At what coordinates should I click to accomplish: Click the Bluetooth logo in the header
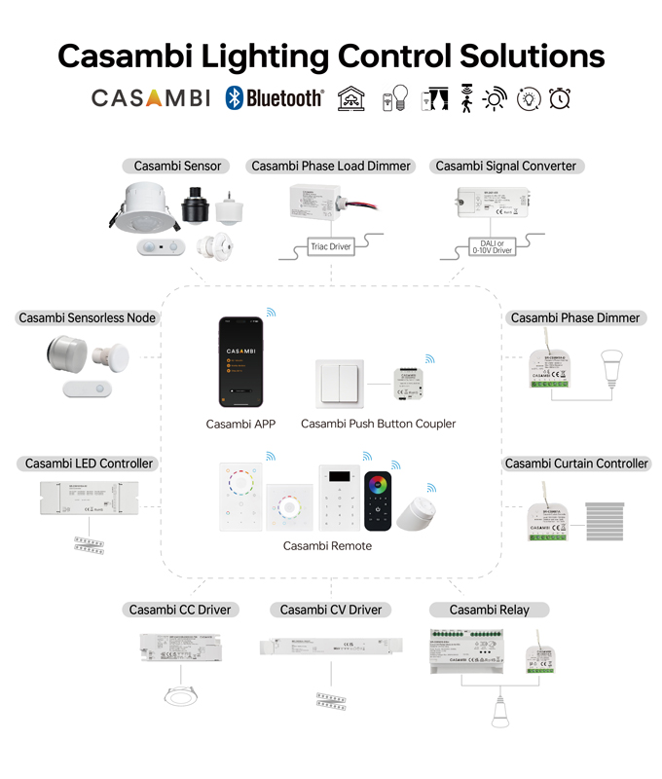pyautogui.click(x=274, y=98)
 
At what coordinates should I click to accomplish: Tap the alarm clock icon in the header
pyautogui.click(x=560, y=98)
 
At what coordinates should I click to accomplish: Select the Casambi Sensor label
pyautogui.click(x=178, y=166)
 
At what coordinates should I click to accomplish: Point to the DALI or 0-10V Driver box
pyautogui.click(x=492, y=246)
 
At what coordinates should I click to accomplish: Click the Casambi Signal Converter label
pyautogui.click(x=505, y=166)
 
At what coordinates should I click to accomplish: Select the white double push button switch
pyautogui.click(x=340, y=384)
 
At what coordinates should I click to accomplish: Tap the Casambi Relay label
pyautogui.click(x=489, y=610)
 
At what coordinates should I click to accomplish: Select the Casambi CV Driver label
pyautogui.click(x=330, y=610)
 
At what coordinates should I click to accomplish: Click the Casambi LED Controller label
pyautogui.click(x=90, y=464)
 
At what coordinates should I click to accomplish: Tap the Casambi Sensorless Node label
pyautogui.click(x=88, y=317)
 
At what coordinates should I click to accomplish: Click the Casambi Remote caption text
pyautogui.click(x=327, y=545)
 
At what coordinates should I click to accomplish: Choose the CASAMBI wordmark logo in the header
pyautogui.click(x=150, y=98)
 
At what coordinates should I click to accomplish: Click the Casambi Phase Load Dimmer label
pyautogui.click(x=331, y=166)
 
